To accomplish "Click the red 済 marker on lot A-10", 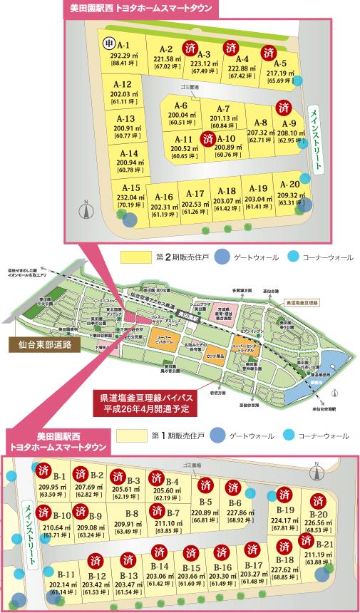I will (x=208, y=137).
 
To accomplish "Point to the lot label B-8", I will (x=131, y=513).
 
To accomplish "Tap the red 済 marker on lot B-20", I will (x=319, y=495).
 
